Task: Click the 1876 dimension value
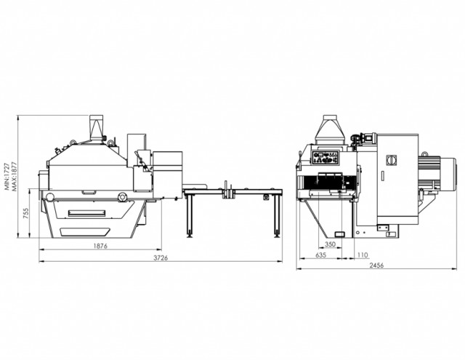pyautogui.click(x=100, y=246)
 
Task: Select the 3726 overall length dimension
pyautogui.click(x=161, y=258)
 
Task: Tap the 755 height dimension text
pyautogui.click(x=26, y=214)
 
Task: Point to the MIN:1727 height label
pyautogui.click(x=7, y=176)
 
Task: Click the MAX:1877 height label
pyautogui.click(x=14, y=176)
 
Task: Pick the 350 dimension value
pyautogui.click(x=330, y=244)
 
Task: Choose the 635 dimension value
pyautogui.click(x=320, y=255)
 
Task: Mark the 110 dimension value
pyautogui.click(x=363, y=255)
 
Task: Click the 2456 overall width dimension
pyautogui.click(x=376, y=265)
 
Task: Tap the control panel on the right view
pyautogui.click(x=325, y=157)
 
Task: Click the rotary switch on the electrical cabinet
pyautogui.click(x=391, y=161)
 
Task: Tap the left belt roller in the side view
pyautogui.click(x=49, y=197)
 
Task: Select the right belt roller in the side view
pyautogui.click(x=121, y=197)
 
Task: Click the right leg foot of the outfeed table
pyautogui.click(x=278, y=236)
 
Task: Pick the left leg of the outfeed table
pyautogui.click(x=189, y=214)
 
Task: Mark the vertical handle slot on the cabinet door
pyautogui.click(x=383, y=176)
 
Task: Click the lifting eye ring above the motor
pyautogui.click(x=424, y=154)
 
